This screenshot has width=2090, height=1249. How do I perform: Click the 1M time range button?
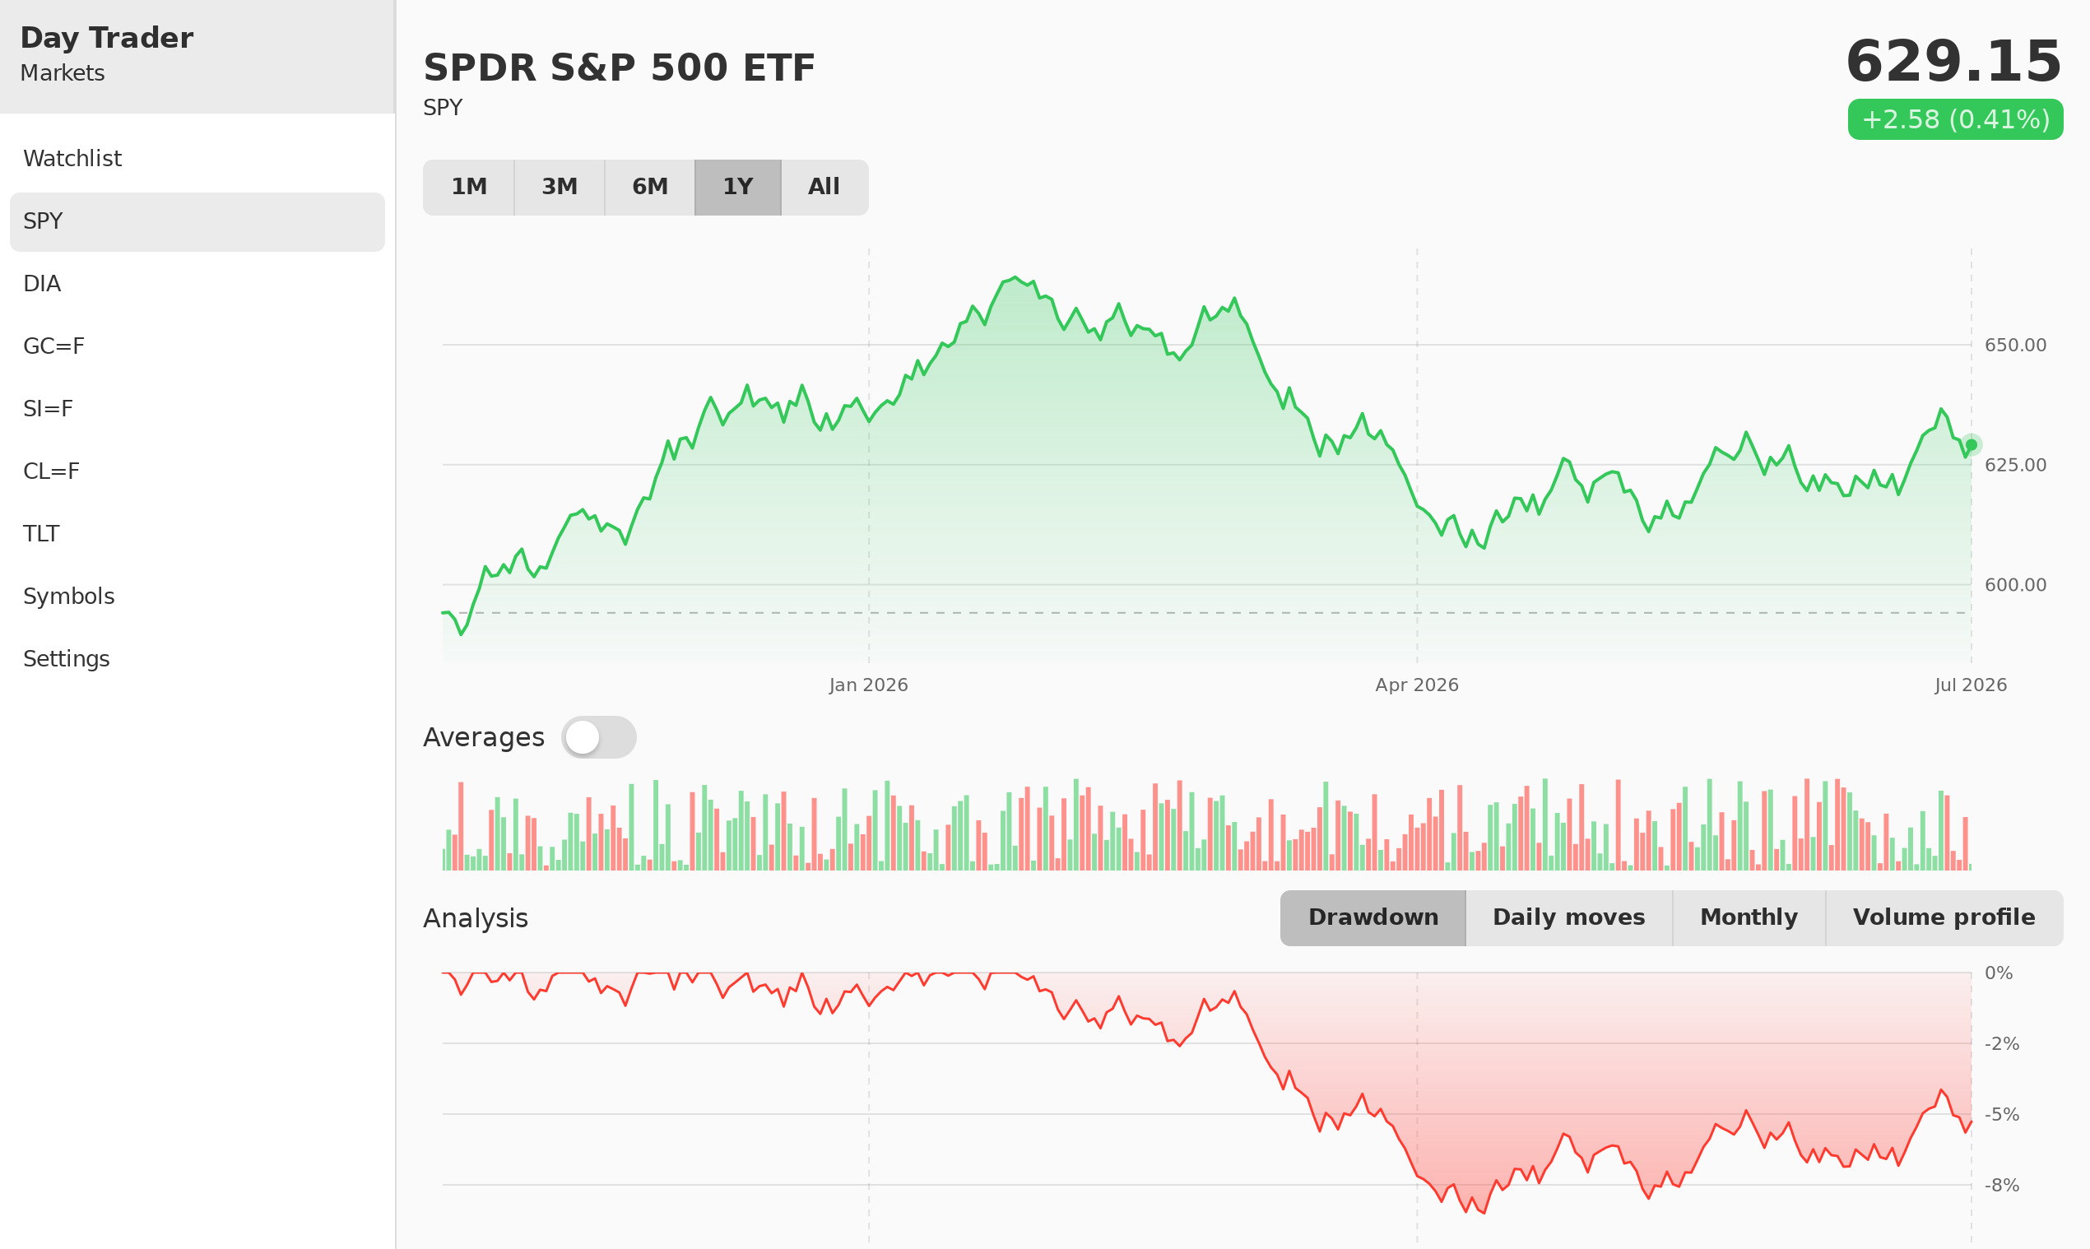click(469, 187)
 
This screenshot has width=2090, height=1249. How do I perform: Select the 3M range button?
click(560, 187)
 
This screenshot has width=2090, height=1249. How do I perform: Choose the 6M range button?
click(650, 187)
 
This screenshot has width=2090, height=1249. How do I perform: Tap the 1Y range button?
click(738, 187)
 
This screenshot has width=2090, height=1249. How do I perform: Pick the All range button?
click(824, 187)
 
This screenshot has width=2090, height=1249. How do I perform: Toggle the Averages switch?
click(598, 737)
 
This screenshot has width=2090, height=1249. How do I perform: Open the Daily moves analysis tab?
click(1569, 917)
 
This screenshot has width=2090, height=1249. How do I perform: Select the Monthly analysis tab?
click(1749, 917)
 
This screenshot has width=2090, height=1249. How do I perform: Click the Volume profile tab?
click(1944, 917)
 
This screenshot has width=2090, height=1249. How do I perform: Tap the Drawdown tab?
click(1372, 917)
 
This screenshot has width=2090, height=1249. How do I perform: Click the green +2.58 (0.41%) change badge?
click(1955, 119)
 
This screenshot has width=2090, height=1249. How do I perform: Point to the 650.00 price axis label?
click(2015, 345)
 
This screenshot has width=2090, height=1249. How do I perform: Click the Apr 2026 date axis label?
click(1417, 685)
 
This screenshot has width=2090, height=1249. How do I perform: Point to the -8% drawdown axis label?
click(2002, 1185)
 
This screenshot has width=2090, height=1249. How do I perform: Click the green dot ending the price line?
click(1972, 444)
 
